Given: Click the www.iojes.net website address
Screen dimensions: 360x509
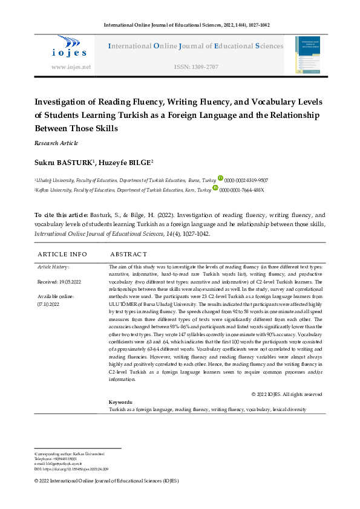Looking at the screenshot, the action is [71, 67].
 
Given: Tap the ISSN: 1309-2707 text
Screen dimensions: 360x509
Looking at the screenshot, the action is [195, 67].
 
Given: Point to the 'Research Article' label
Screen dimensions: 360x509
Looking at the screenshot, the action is [56, 143].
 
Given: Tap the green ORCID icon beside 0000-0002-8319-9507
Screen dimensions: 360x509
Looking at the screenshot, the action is [220, 180].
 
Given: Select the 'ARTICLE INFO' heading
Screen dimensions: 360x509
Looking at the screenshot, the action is [62, 254].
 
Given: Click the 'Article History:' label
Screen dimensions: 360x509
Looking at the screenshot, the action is [53, 267].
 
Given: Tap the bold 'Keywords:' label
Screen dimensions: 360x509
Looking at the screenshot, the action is [120, 402].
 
